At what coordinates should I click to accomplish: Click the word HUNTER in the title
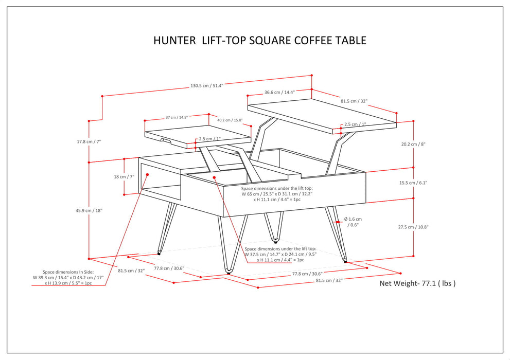click(x=174, y=41)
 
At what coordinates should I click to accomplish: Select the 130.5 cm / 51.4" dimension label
click(x=206, y=86)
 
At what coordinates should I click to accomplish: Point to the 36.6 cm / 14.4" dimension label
click(x=279, y=93)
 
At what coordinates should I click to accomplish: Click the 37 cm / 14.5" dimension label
click(x=177, y=117)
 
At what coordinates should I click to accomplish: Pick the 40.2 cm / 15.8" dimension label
click(x=230, y=120)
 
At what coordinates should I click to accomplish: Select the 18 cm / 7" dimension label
click(x=124, y=176)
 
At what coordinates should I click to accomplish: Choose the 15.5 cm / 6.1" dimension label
click(x=428, y=183)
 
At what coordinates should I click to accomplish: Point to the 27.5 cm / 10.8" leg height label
click(x=428, y=227)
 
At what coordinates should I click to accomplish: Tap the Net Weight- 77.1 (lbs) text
click(x=417, y=283)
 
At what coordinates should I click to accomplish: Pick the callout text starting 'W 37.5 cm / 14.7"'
click(x=280, y=254)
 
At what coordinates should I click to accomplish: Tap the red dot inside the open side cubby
click(x=147, y=175)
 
